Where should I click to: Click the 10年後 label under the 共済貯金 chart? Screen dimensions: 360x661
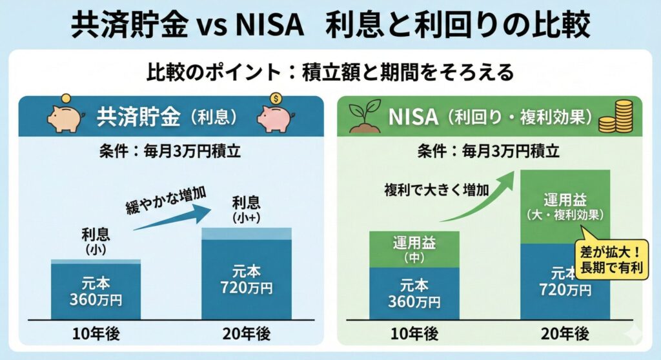pyautogui.click(x=96, y=334)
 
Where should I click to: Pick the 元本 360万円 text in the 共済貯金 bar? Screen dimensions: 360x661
pyautogui.click(x=96, y=291)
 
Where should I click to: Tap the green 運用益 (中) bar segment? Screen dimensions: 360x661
pyautogui.click(x=414, y=249)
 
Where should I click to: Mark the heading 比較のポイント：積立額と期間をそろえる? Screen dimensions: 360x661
pyautogui.click(x=330, y=72)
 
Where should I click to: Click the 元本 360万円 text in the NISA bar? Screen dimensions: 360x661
pyautogui.click(x=414, y=294)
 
